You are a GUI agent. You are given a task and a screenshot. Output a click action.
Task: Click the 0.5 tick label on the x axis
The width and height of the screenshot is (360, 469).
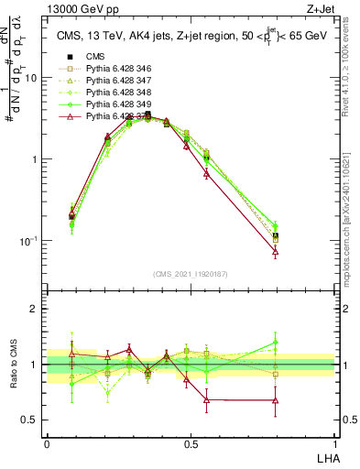pos(191,442)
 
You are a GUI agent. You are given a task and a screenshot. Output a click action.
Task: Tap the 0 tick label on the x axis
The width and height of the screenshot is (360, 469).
pos(47,442)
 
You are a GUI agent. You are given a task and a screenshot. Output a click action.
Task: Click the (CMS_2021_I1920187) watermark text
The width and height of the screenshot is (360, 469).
pos(191,272)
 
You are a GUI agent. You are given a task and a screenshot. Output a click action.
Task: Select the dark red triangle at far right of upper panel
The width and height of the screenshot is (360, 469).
pos(275,252)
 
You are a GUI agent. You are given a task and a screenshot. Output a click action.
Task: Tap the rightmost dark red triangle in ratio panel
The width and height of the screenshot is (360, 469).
pos(275,400)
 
